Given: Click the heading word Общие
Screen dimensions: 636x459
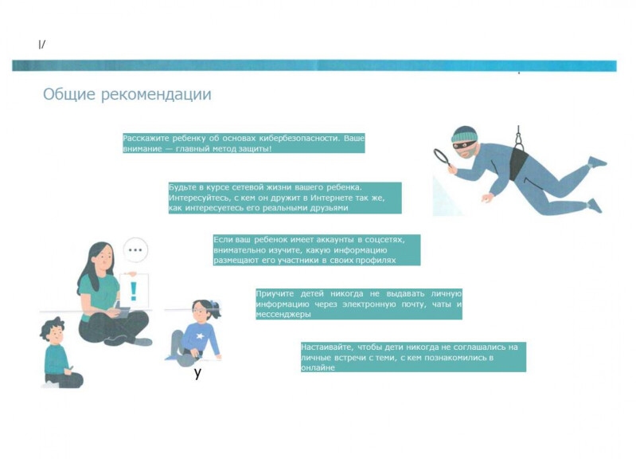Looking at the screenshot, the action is pos(69,94).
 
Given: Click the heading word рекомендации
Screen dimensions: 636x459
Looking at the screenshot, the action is pos(156,95).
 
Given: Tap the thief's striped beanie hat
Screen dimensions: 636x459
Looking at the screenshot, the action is pos(464,134).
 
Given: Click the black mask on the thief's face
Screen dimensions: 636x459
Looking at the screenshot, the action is pos(465,145).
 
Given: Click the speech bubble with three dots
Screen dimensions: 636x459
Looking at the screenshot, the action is pos(135,249).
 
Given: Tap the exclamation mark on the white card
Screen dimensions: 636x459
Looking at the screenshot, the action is pos(133,291).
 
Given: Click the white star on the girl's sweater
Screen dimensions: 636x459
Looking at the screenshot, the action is pos(200,336).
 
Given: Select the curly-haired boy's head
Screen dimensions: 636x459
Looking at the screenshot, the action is pos(53,331).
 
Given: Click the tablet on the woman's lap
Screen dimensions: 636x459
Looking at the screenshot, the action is pos(123,312).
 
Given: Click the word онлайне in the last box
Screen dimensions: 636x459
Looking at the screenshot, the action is pos(318,368).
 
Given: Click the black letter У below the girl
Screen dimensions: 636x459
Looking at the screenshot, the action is pos(197,372).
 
